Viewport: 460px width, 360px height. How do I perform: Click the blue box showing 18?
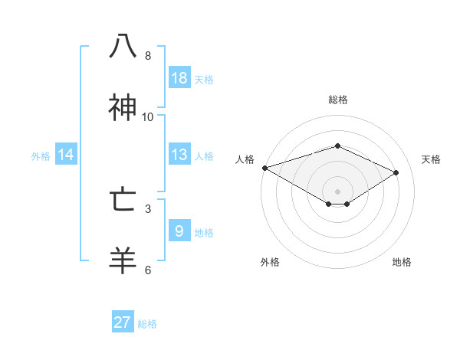(x=179, y=78)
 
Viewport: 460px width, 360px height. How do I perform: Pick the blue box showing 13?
(x=179, y=155)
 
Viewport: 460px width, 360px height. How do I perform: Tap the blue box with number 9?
(x=179, y=231)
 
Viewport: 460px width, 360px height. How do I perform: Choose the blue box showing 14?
(x=66, y=155)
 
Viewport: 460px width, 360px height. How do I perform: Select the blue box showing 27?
(x=123, y=322)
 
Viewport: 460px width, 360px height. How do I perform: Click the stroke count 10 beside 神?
(x=148, y=117)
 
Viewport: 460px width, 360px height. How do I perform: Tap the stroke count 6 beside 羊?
(x=148, y=270)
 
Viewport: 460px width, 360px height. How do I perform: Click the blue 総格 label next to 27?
(x=147, y=324)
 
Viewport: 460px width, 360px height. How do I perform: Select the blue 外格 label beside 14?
(x=41, y=156)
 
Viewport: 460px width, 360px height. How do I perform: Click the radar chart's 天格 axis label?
(x=431, y=159)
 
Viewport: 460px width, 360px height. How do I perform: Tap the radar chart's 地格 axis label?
(x=402, y=262)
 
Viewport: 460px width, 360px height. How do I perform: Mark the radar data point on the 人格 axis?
(x=264, y=168)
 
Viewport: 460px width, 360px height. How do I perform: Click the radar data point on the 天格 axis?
(x=396, y=172)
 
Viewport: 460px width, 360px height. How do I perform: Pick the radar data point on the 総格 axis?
(x=337, y=146)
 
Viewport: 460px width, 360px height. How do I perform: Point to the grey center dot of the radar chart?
(x=337, y=191)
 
